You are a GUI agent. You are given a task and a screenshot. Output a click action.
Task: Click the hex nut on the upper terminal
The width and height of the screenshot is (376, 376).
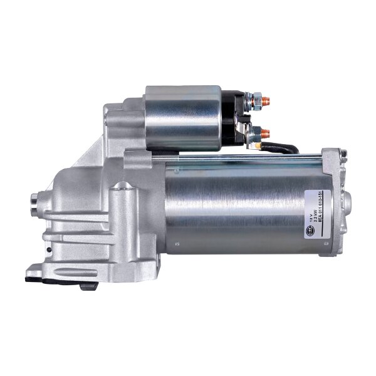pyautogui.click(x=256, y=99)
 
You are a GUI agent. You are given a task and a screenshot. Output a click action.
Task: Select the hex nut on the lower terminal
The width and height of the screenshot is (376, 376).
pyautogui.click(x=256, y=132)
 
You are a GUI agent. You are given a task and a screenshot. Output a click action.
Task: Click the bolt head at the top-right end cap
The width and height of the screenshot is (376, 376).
pyautogui.click(x=343, y=154)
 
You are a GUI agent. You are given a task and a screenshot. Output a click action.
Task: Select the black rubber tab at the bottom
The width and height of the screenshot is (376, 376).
pyautogui.click(x=33, y=274)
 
